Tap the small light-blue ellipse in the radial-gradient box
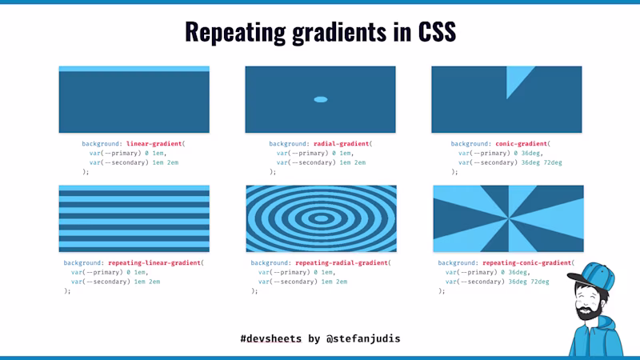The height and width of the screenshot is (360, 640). [321, 99]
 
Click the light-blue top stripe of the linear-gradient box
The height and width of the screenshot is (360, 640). [134, 70]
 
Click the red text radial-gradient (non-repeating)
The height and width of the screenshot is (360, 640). [342, 144]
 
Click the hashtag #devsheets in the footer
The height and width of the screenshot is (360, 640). [270, 338]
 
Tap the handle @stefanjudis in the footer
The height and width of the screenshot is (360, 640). [363, 338]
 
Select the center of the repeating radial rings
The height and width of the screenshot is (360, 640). [321, 218]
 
